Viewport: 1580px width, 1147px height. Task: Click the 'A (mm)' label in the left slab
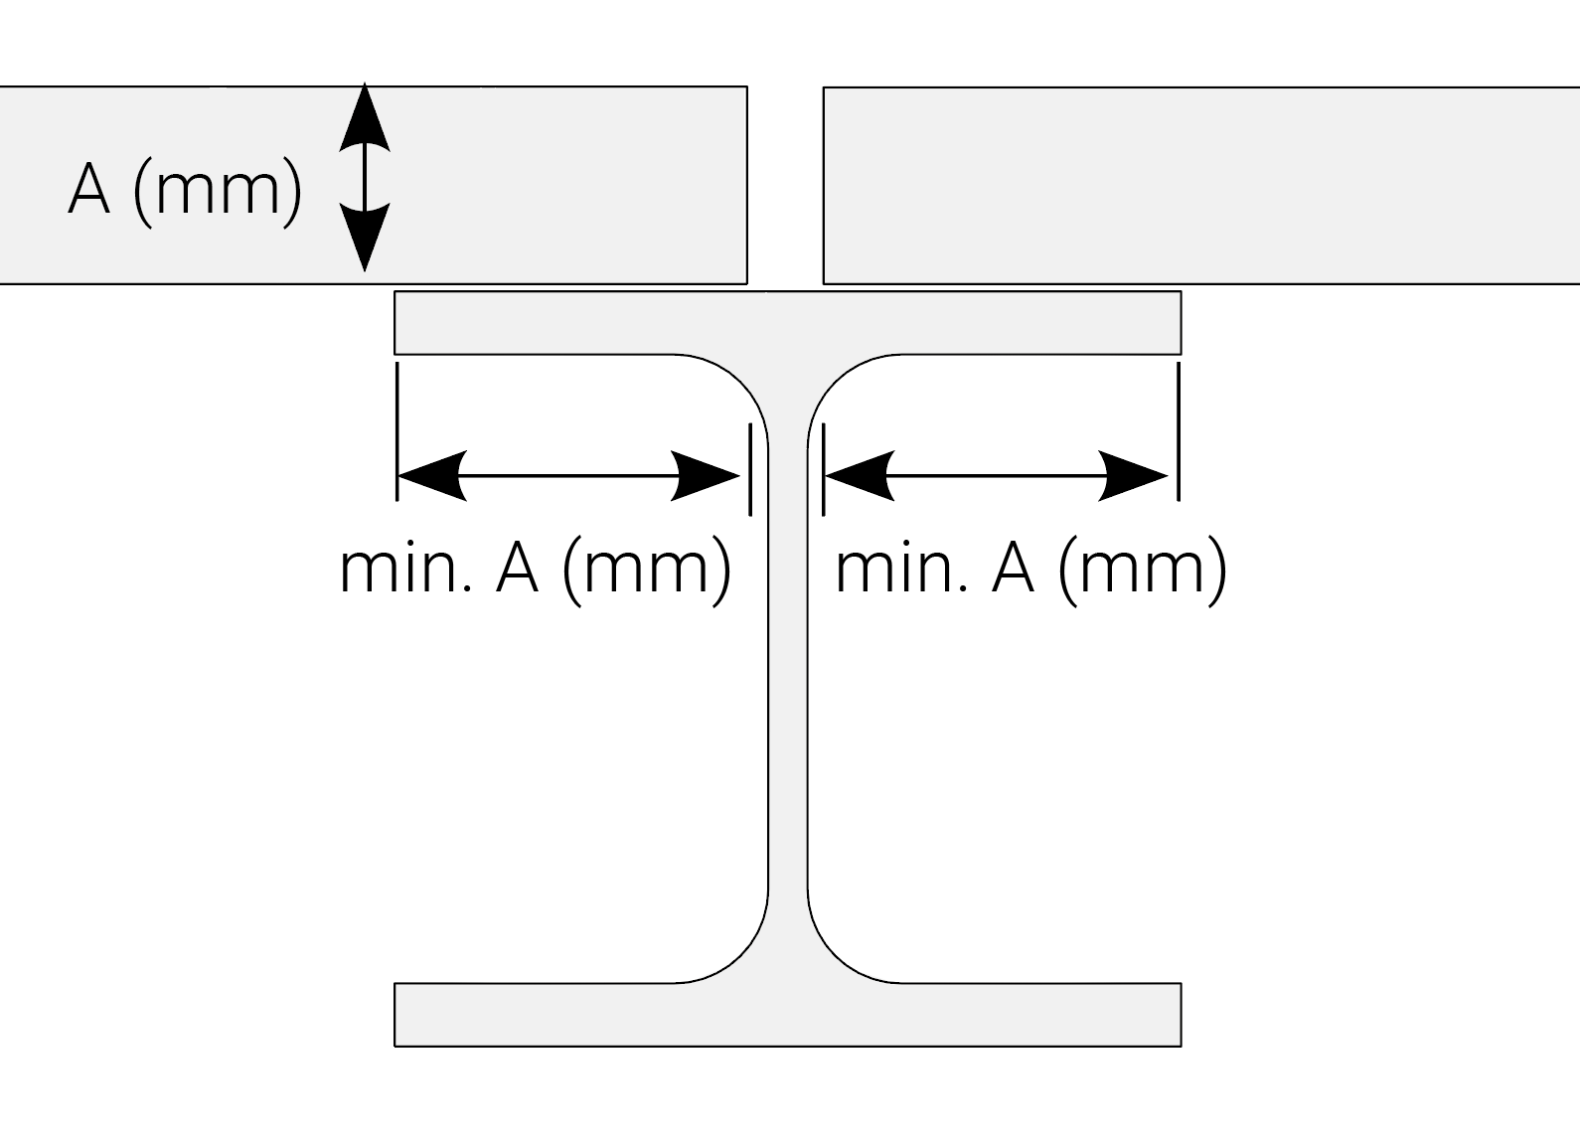click(185, 188)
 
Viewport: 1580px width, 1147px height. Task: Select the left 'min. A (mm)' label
click(536, 569)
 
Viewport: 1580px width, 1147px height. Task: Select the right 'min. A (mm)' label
click(1031, 569)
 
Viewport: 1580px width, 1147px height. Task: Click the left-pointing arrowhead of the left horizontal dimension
click(429, 476)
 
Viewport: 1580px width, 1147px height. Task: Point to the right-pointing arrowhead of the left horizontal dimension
click(708, 476)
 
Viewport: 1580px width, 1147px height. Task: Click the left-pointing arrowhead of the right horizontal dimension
click(856, 476)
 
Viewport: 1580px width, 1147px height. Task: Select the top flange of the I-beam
click(788, 323)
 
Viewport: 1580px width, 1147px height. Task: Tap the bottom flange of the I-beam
click(788, 1015)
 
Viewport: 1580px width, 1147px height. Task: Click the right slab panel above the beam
click(1192, 186)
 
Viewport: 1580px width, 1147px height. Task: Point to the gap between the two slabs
click(785, 186)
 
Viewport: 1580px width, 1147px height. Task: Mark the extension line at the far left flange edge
click(397, 432)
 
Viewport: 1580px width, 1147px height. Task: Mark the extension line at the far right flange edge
click(1180, 432)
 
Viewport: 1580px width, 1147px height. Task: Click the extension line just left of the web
click(750, 469)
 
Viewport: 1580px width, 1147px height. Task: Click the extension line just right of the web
click(824, 469)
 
